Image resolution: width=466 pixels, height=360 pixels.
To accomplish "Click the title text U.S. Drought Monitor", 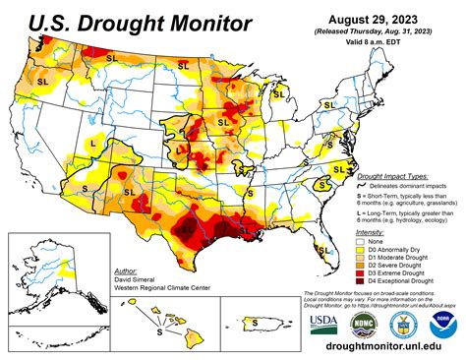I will tap(129, 22).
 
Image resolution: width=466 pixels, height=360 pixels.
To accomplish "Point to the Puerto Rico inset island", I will tap(253, 319).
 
